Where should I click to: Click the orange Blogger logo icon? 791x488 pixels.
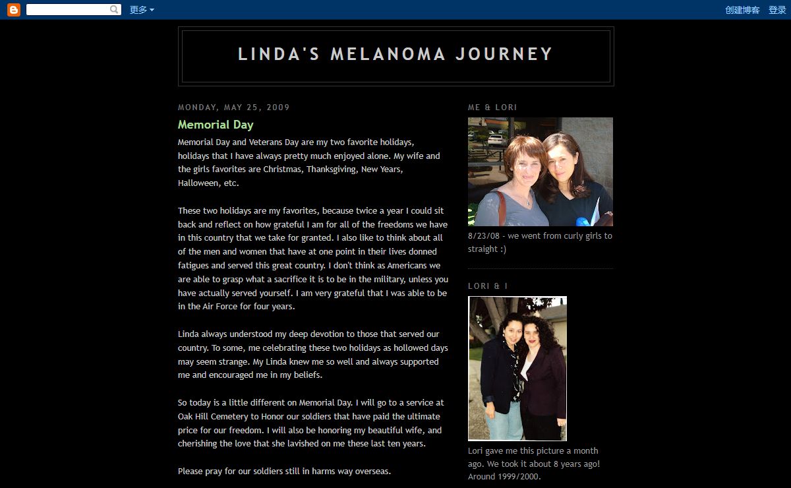(x=14, y=10)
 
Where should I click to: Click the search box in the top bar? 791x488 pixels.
(x=67, y=10)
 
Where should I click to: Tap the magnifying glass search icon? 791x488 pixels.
(x=115, y=10)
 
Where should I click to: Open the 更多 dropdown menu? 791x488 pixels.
(x=142, y=10)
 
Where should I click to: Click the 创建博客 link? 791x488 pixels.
(x=742, y=10)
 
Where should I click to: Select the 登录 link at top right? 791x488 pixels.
(x=777, y=10)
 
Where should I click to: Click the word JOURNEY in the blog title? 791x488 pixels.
(x=504, y=54)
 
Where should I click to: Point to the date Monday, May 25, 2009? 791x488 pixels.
(x=233, y=107)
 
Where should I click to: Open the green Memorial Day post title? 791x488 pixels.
(x=216, y=125)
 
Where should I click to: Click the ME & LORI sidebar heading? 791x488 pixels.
(x=492, y=107)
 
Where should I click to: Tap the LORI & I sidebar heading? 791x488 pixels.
(x=488, y=286)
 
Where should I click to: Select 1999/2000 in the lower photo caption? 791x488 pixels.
(x=513, y=476)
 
